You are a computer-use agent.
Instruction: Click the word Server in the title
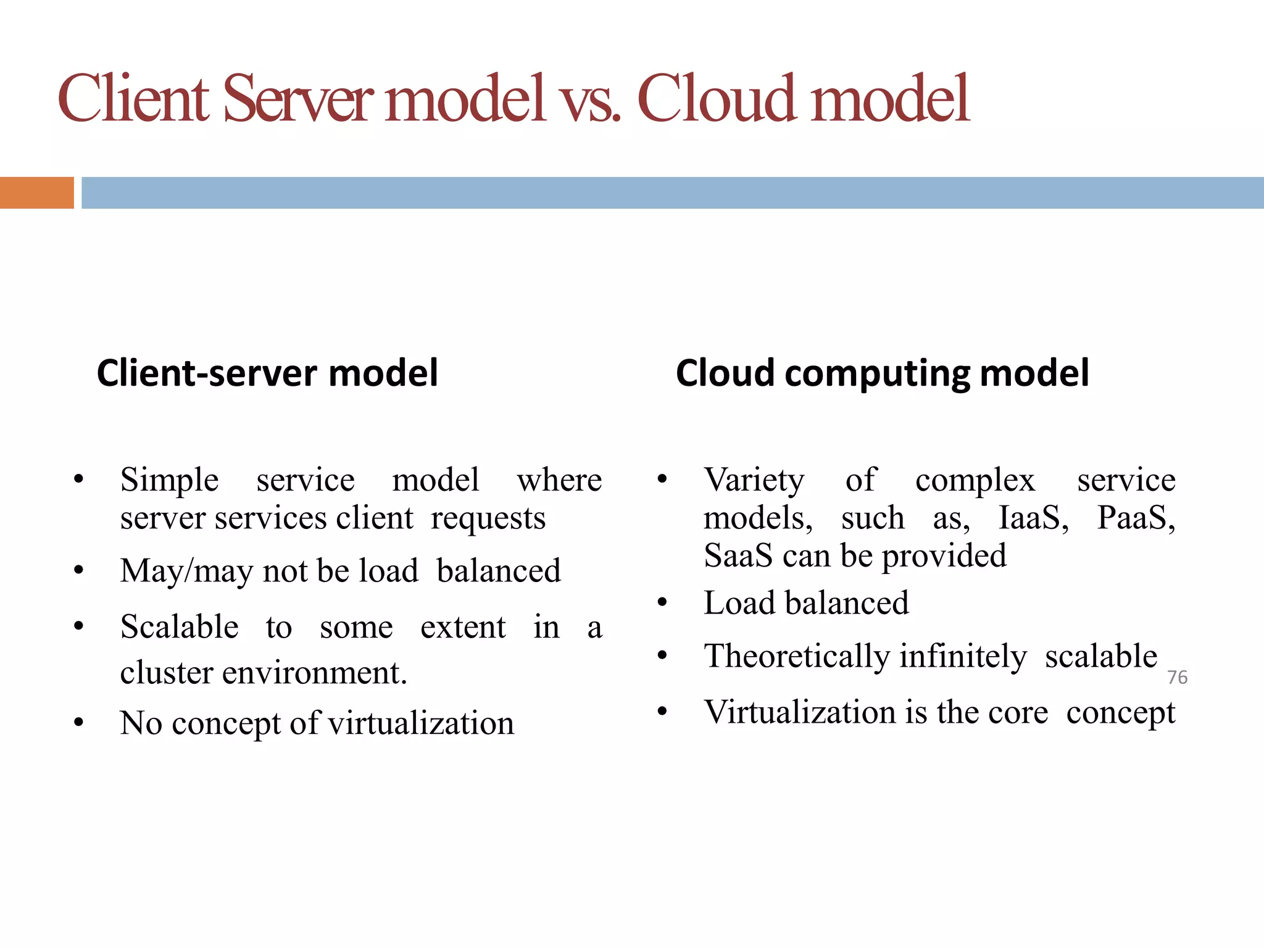click(297, 99)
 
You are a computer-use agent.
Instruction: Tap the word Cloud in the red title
click(716, 99)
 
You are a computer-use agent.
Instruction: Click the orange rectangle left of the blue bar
click(36, 193)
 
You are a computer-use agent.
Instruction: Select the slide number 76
click(1177, 678)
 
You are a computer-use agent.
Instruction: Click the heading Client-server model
click(267, 373)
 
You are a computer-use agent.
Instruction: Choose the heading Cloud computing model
click(882, 373)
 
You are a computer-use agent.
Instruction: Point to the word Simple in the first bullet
click(169, 480)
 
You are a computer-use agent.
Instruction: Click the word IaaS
click(1033, 518)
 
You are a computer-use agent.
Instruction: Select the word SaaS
click(738, 555)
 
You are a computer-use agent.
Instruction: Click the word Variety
click(754, 480)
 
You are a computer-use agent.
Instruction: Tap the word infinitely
click(963, 656)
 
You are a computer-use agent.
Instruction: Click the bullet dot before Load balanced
click(662, 603)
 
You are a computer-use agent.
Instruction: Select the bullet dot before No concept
click(78, 723)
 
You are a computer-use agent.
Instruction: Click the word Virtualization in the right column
click(800, 712)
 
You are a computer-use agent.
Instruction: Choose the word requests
click(488, 519)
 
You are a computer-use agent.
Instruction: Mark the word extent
click(463, 628)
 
